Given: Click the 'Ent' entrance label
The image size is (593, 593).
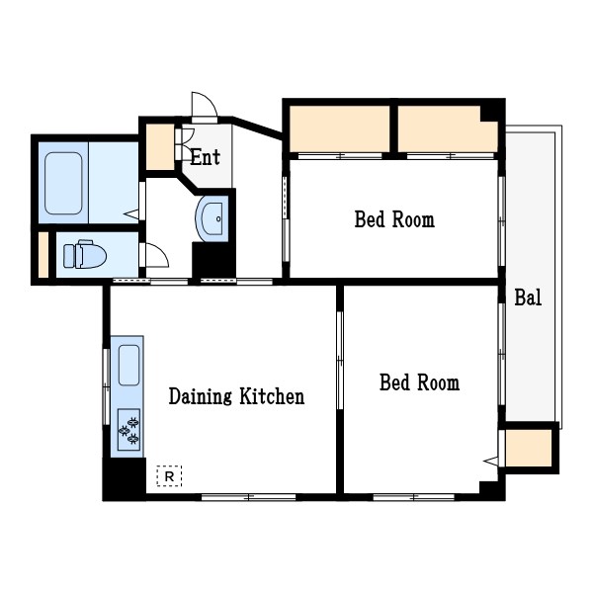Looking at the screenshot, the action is pos(205,157).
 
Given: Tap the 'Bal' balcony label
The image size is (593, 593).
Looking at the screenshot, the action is pos(528,297).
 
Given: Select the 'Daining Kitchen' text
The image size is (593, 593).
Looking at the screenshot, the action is pos(236,396).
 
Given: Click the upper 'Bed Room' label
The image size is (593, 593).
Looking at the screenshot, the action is pos(394,219).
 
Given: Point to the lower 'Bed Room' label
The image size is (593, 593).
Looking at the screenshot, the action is pos(419,382).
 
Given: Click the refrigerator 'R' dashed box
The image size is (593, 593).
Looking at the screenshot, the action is pos(169,476).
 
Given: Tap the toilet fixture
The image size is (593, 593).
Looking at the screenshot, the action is pos(85,254).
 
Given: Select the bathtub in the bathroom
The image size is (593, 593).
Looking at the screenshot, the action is pos(63,183).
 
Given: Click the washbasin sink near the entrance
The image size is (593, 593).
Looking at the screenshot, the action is pos(212,218).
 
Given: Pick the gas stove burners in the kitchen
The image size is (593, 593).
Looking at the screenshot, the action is pos(128,430).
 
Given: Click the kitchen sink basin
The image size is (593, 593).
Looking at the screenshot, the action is pos(128,366).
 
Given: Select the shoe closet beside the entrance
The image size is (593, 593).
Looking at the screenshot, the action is pos(160,146).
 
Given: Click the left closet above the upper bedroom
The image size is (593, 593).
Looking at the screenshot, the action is pos(340,128).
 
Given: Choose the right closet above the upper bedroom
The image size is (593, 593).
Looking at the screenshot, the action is pos(448,129).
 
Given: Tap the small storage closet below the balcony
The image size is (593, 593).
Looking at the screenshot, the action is pos(529,449).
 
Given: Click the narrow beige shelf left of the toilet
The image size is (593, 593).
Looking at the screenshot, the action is pos(43,255).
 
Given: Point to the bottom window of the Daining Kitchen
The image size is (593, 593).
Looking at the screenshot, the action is pos(248,497).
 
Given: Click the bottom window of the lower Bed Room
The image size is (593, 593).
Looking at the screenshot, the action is pos(414,497).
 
